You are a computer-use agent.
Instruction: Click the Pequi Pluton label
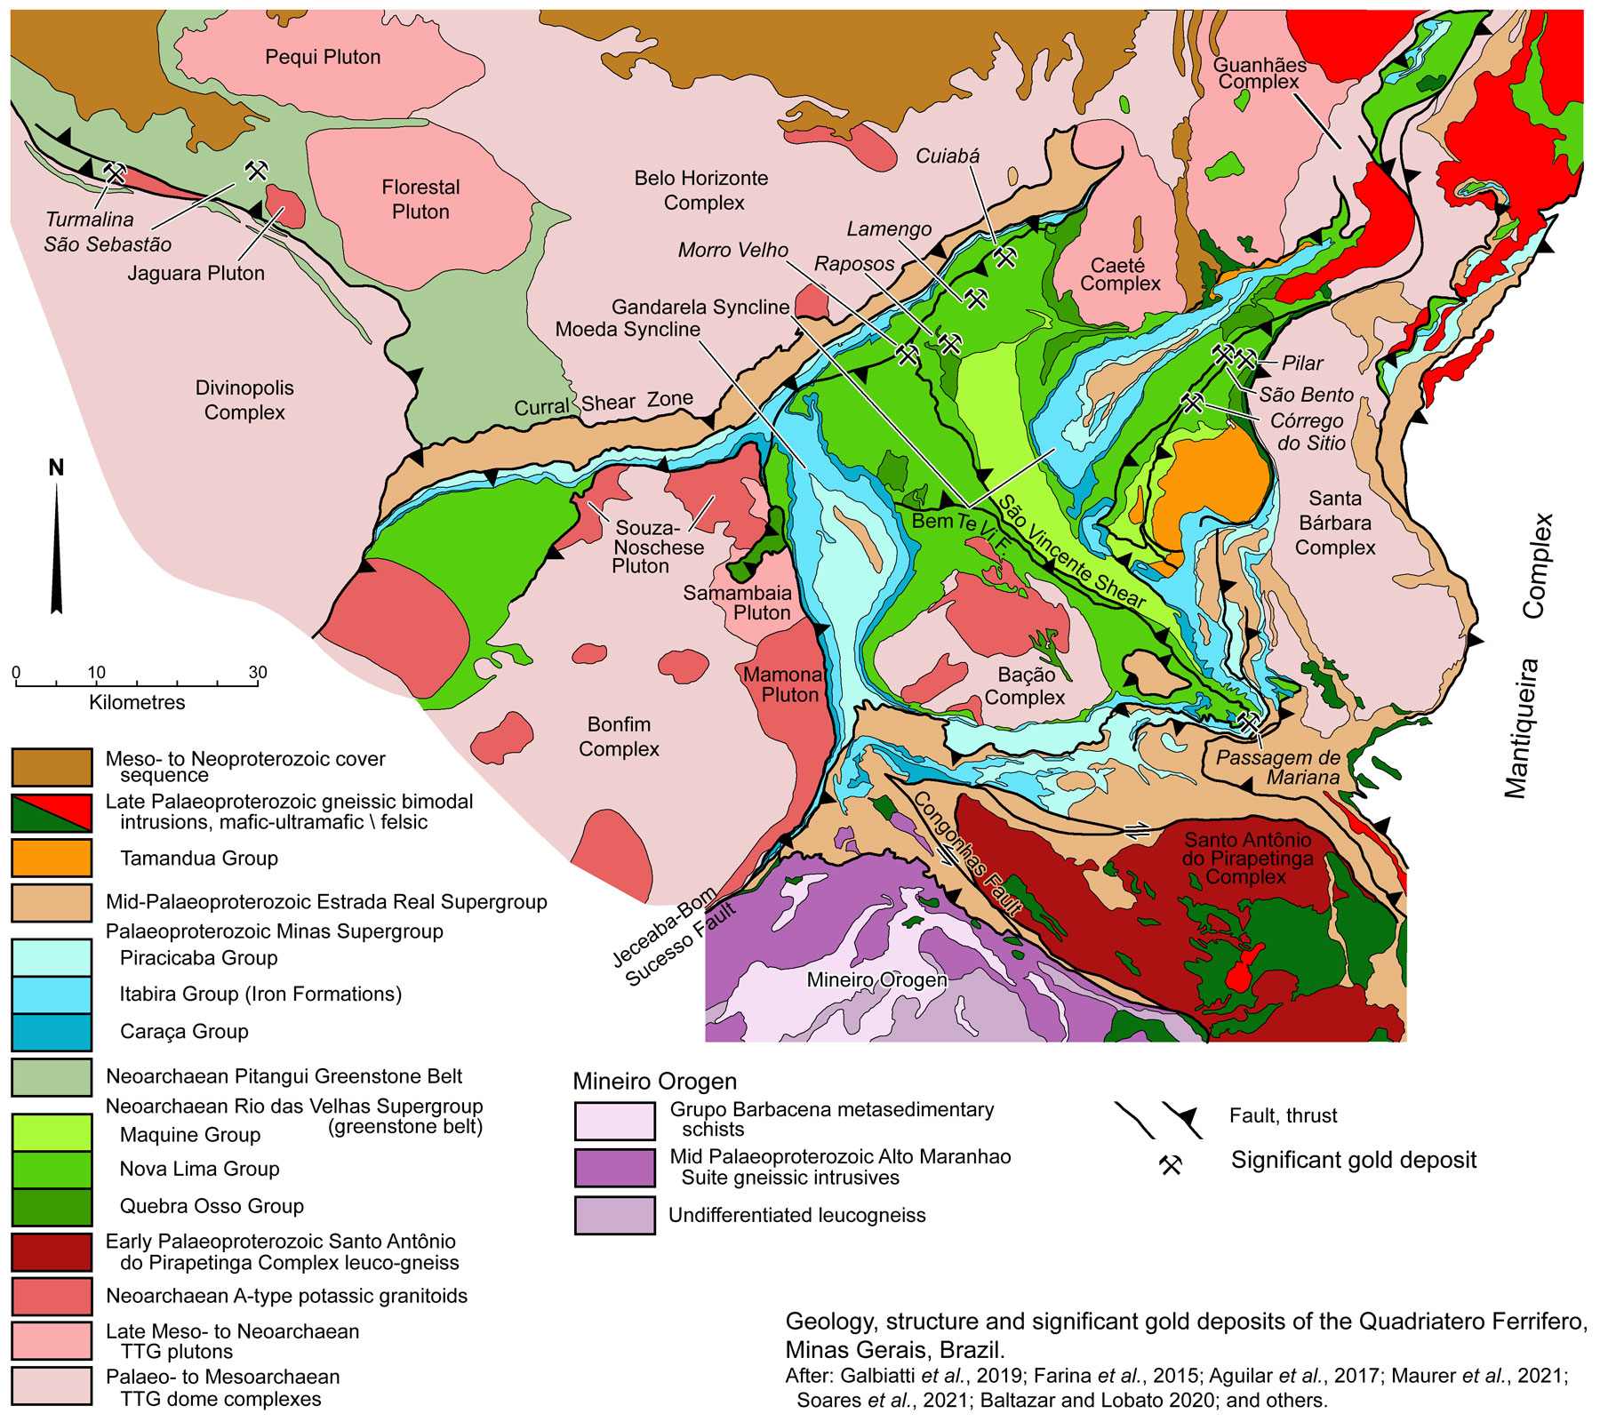tap(323, 57)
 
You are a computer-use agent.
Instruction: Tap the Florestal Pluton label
tap(420, 199)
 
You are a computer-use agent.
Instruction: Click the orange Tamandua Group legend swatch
tap(52, 858)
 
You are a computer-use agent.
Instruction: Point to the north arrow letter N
tap(56, 467)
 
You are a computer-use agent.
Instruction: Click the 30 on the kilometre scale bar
tap(257, 673)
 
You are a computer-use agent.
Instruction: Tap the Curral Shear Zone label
tap(604, 403)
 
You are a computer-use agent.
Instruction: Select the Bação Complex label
tap(1025, 685)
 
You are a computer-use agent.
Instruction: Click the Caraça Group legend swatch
tap(52, 1032)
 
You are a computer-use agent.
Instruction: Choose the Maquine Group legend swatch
tap(52, 1133)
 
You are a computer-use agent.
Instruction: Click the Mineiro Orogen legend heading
tap(654, 1082)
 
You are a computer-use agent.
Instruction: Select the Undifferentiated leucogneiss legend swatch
tap(614, 1215)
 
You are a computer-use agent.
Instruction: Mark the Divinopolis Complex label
tap(244, 400)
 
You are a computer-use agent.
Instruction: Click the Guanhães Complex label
tap(1259, 73)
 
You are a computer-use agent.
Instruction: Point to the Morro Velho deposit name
tap(732, 251)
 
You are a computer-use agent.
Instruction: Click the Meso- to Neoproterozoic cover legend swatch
tap(52, 767)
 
